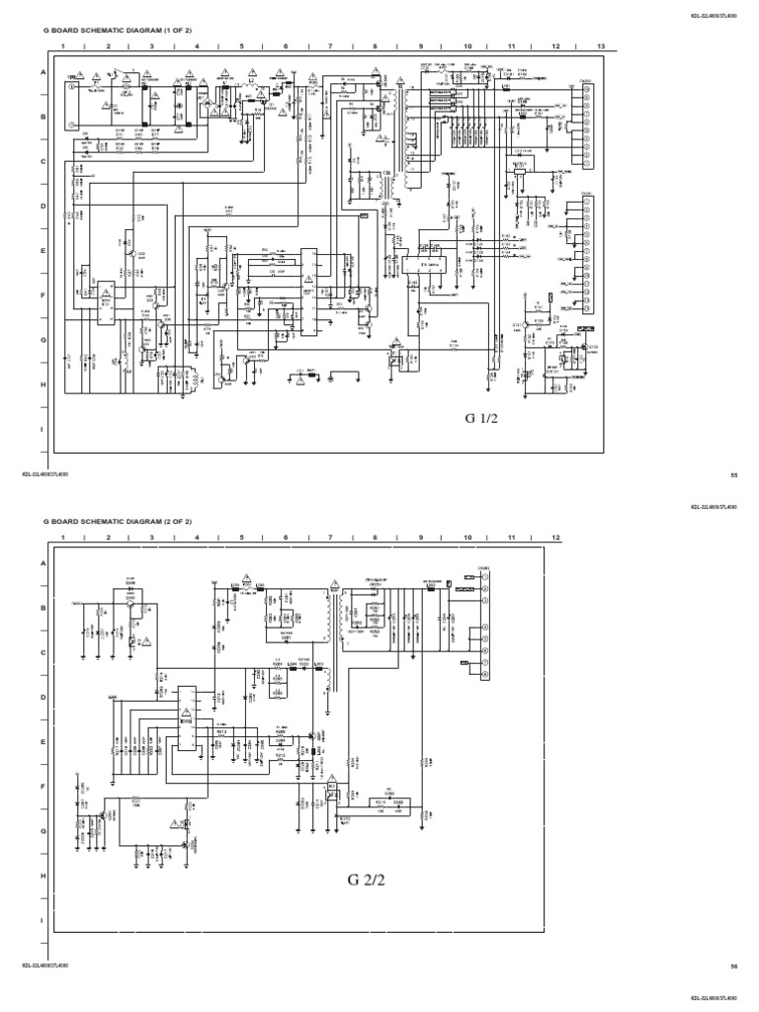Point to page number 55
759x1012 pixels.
[733, 475]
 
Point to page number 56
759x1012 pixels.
[733, 966]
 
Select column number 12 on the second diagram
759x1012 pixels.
[555, 536]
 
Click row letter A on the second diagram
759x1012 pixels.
[42, 562]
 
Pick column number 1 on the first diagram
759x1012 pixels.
[62, 46]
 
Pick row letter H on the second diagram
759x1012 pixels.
[42, 876]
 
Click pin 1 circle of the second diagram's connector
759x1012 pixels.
[484, 573]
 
